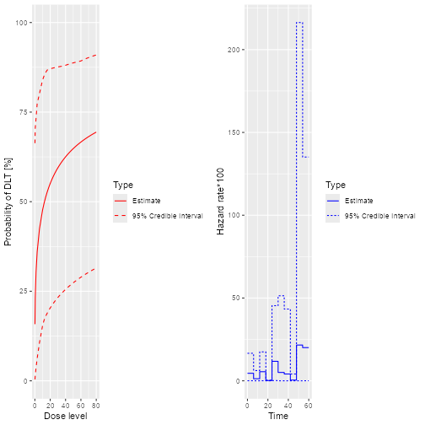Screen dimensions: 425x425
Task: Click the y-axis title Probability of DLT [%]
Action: pos(8,201)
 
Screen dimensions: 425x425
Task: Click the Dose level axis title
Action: pos(65,416)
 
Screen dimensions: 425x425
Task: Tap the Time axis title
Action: pos(277,416)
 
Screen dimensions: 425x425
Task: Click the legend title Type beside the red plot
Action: pos(123,185)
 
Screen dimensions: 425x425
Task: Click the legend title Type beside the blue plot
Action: pos(336,185)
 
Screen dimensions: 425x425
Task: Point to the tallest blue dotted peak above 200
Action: pos(299,23)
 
